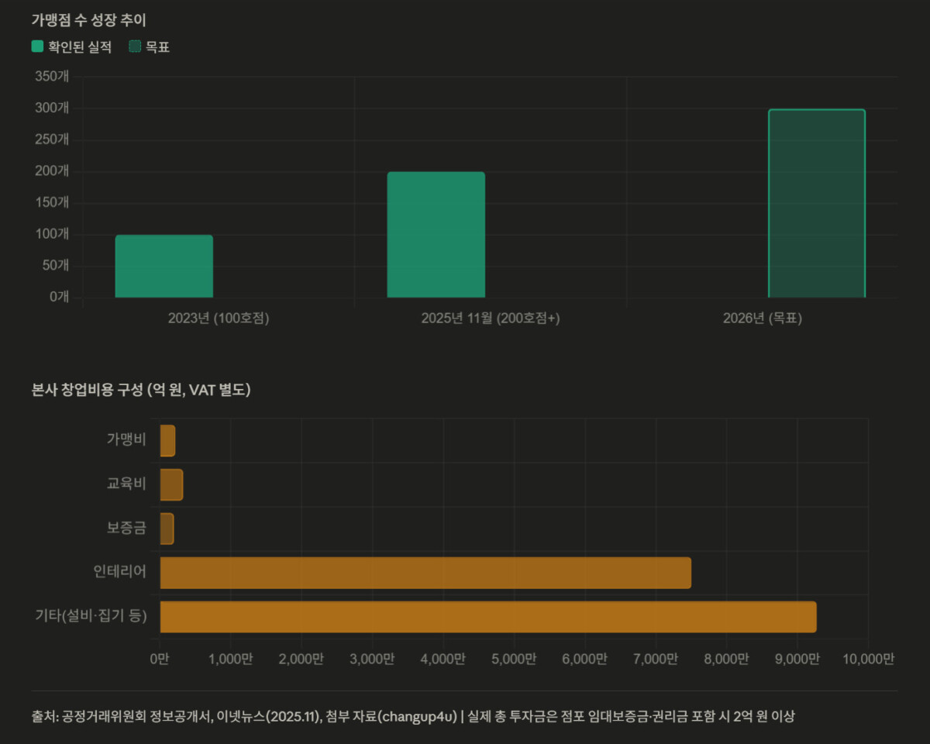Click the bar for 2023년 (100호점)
164,266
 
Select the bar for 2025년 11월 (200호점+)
436,234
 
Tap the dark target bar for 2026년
816,203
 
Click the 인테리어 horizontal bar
425,573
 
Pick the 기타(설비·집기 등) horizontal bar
488,616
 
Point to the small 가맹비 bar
167,440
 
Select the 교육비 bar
171,484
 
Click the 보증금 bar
167,529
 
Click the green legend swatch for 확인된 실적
37,46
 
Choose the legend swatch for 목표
135,46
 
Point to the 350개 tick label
52,76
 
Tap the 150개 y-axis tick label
52,202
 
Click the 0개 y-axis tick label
59,297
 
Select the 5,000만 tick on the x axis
514,659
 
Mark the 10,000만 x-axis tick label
868,659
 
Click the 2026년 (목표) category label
763,319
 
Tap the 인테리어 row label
119,571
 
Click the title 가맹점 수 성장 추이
88,20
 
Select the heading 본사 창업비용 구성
88,390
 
